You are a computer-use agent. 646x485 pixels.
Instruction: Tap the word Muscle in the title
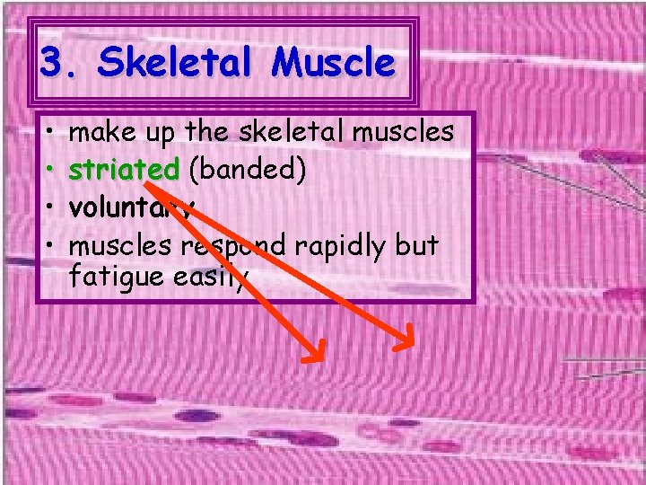(x=334, y=63)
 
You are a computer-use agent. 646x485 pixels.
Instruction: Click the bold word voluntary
(x=131, y=208)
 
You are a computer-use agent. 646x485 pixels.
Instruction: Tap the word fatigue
(x=115, y=275)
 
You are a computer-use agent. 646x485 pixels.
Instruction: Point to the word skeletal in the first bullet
(x=284, y=133)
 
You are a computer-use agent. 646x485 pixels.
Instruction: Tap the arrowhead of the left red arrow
(x=313, y=353)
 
